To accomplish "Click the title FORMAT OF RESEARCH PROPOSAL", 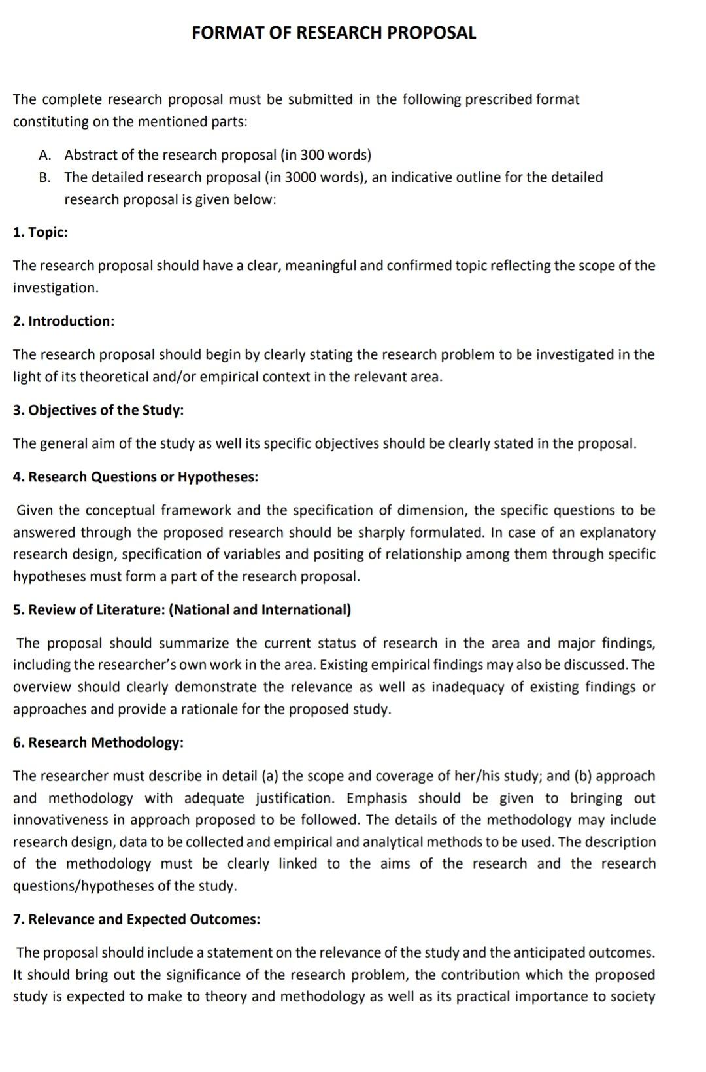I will pyautogui.click(x=333, y=33).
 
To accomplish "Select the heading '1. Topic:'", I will pyautogui.click(x=41, y=232).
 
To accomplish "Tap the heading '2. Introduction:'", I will pyautogui.click(x=63, y=321).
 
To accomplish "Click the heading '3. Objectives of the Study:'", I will pyautogui.click(x=98, y=410).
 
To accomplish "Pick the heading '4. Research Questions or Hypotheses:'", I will pyautogui.click(x=135, y=477).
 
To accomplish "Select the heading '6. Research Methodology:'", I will pyautogui.click(x=98, y=742).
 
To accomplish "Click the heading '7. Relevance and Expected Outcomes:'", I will pyautogui.click(x=136, y=919).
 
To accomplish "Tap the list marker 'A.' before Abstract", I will pyautogui.click(x=44, y=155).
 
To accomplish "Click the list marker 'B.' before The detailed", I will pyautogui.click(x=44, y=177).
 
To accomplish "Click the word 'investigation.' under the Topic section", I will pyautogui.click(x=56, y=288).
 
